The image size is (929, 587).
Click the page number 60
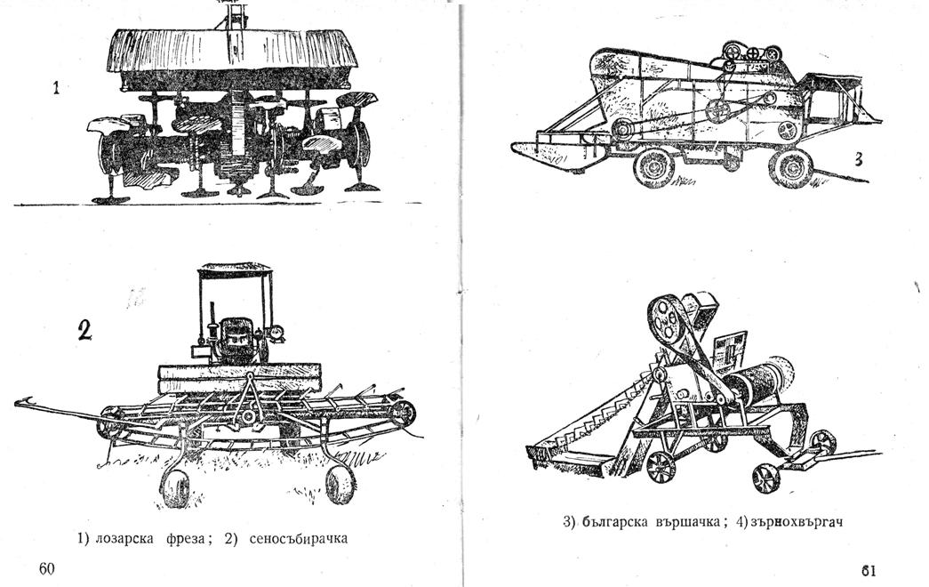(47, 568)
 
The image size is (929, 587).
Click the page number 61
(869, 570)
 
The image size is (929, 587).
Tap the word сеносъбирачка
(298, 538)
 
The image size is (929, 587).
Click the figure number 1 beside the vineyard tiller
(56, 89)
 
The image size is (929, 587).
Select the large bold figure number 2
(84, 330)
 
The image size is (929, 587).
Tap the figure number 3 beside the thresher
(858, 159)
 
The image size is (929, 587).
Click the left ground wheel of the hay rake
(175, 488)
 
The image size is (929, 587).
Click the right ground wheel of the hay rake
(340, 484)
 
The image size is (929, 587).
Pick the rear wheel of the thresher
(790, 167)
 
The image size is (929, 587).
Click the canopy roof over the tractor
(235, 269)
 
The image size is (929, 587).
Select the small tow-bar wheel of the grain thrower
(823, 442)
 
